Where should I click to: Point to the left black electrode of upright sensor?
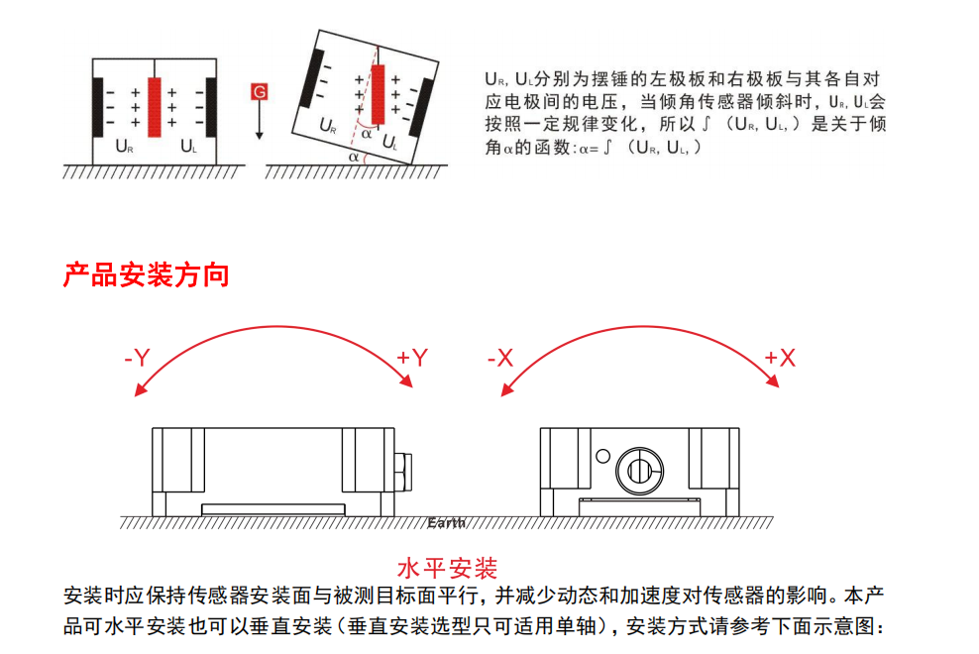tap(97, 106)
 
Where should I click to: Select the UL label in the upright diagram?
tap(188, 147)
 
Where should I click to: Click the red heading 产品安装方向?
tap(146, 274)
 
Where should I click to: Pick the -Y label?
tap(137, 358)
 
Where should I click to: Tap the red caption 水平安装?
tap(447, 568)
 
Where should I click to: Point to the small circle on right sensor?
tap(603, 455)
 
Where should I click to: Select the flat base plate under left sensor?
tap(273, 509)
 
